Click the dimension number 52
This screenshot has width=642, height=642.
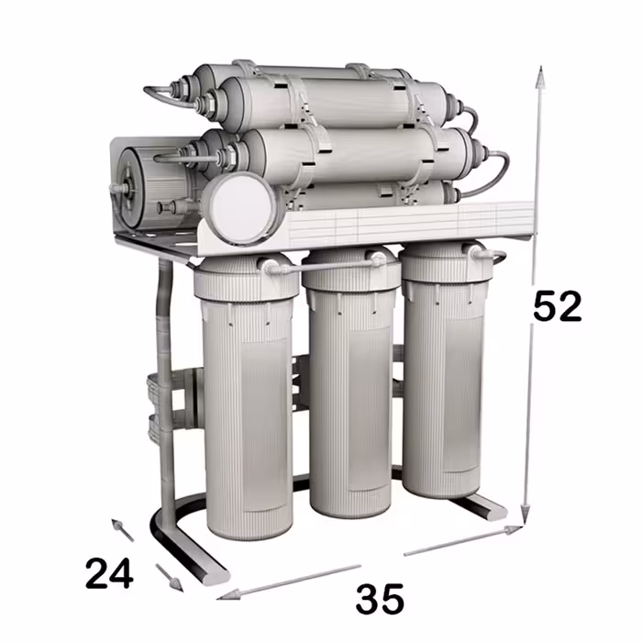coord(558,305)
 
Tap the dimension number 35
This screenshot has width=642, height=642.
coord(380,599)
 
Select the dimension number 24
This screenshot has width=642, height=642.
coord(109,573)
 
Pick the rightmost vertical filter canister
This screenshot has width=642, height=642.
coord(444,369)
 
